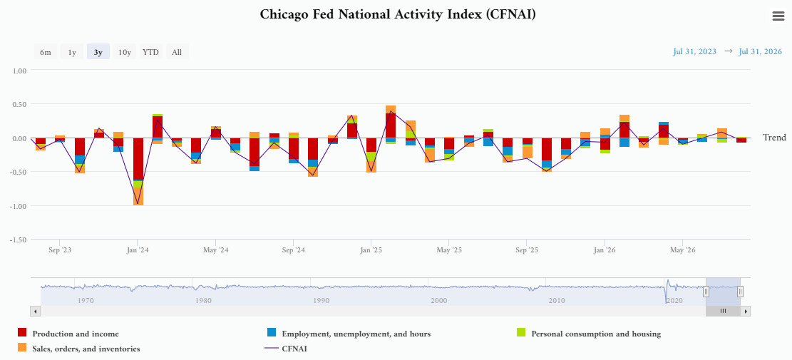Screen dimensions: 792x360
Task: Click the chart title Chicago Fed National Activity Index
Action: coord(398,14)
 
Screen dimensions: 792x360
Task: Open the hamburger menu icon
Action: coord(778,16)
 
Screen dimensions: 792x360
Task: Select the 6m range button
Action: coord(46,52)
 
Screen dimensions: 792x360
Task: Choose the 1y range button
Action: coord(72,52)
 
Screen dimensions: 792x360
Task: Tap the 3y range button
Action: coord(98,52)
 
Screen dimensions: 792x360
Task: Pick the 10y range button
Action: coord(124,52)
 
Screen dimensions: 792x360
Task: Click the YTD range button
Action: coord(150,52)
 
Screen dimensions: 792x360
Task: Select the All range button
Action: coord(177,52)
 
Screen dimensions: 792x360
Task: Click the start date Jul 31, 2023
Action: coord(694,51)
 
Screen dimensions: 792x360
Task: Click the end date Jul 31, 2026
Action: coord(760,51)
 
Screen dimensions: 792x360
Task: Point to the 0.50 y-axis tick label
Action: coord(19,104)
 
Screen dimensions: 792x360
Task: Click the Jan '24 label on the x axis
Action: coord(138,250)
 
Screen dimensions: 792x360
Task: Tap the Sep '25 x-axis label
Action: coord(527,250)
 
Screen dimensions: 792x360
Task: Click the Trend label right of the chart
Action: coord(774,138)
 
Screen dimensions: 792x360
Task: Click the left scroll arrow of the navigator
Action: coord(36,311)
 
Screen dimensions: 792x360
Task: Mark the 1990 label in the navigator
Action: coord(322,300)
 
